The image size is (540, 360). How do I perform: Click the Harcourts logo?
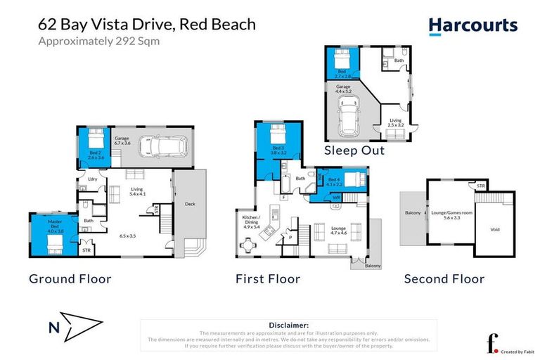[x=472, y=27]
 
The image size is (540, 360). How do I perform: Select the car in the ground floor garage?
[x=162, y=146]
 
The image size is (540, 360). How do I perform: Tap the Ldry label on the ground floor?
[x=91, y=180]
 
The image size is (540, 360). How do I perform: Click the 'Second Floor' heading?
[x=444, y=279]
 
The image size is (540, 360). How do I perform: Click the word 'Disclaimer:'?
[x=289, y=325]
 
